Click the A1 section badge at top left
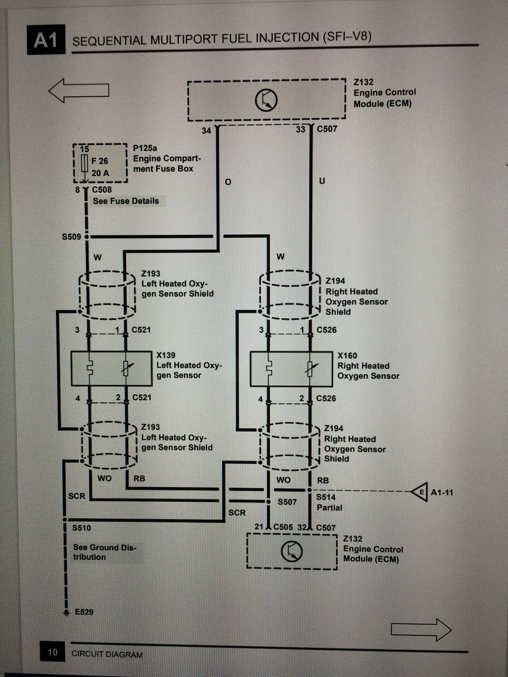coord(46,40)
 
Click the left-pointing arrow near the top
coord(79,90)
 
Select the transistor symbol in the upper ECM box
coord(266,100)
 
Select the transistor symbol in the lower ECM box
coord(292,551)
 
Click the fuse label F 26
coord(100,161)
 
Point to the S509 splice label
coord(71,237)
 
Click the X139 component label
coord(166,355)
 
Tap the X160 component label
coord(347,356)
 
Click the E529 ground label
coord(84,612)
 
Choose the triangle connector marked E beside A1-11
coord(419,492)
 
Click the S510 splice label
coord(82,528)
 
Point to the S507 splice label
coord(287,502)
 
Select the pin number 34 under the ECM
coord(206,131)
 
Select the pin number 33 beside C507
coord(300,129)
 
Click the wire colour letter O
coord(228,182)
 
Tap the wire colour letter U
coord(322,181)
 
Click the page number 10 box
coord(52,651)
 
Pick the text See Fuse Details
coord(126,201)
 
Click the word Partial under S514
coord(329,508)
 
